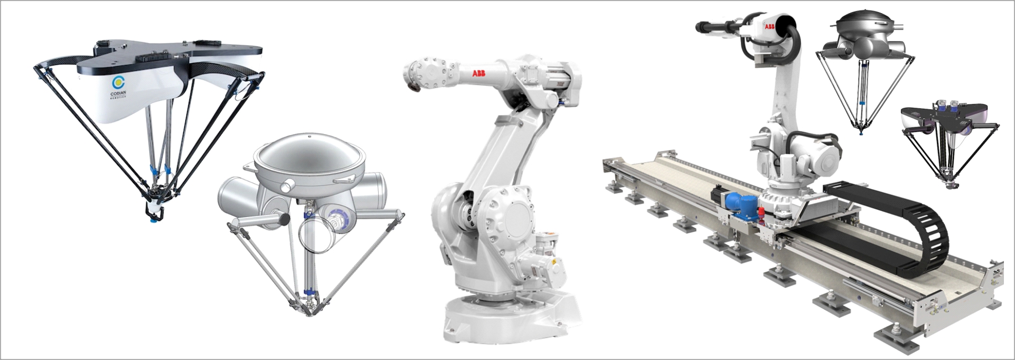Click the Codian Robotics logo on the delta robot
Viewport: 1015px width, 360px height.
(118, 85)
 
